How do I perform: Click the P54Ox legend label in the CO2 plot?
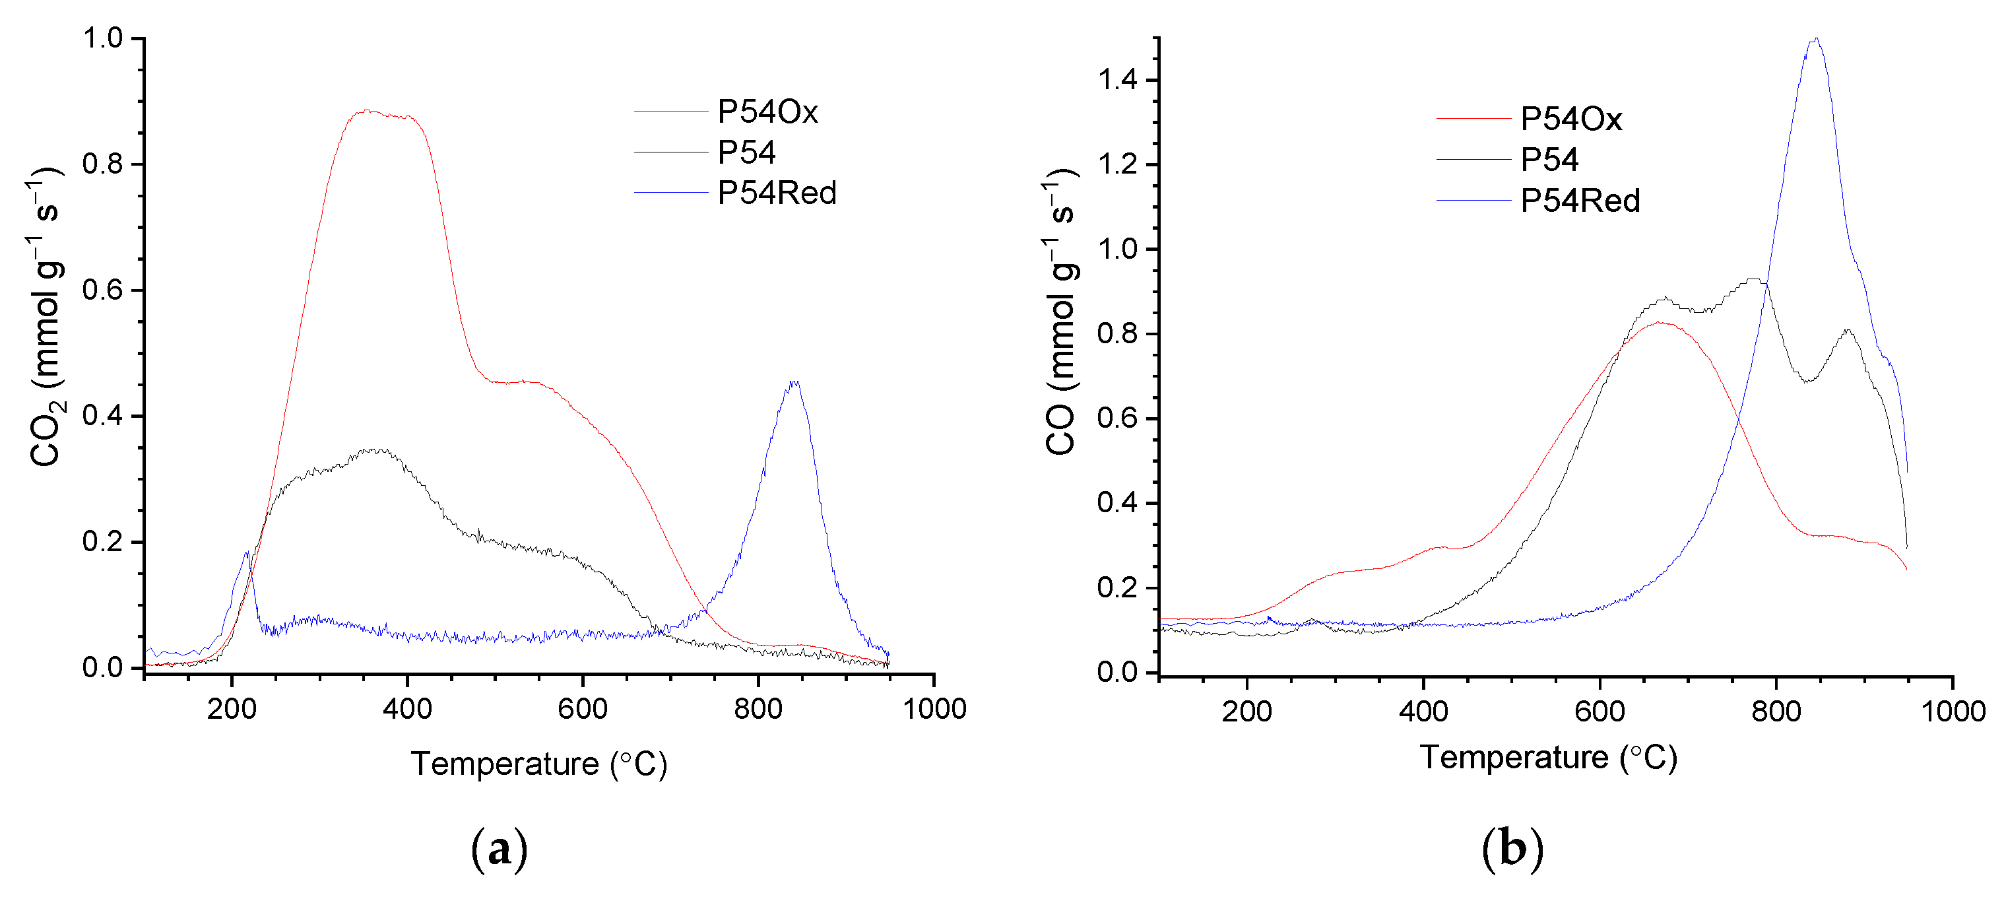coord(767,113)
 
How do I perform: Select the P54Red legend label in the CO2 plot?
coord(777,193)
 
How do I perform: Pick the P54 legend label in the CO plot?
coord(1549,160)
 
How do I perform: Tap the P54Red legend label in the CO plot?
coord(1579,201)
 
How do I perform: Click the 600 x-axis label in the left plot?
coord(583,710)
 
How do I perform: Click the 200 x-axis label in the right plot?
coord(1246,712)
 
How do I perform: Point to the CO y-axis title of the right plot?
coord(1061,311)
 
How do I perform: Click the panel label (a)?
coord(500,849)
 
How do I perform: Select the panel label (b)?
coord(1512,849)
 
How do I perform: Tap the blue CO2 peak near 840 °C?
coord(794,383)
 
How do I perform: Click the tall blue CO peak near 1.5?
coord(1815,40)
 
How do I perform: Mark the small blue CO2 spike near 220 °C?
coord(247,553)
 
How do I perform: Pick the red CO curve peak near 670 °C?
coord(1660,323)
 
